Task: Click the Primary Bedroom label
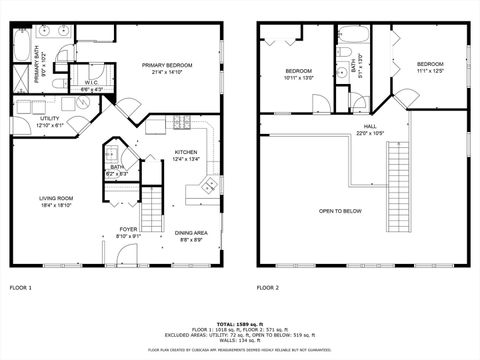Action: click(x=167, y=65)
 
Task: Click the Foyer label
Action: click(x=128, y=229)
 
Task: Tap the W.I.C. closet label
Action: click(x=90, y=83)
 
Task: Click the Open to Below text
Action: click(x=340, y=211)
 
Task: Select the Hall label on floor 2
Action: click(x=370, y=127)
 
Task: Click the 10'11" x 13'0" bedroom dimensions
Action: click(x=299, y=77)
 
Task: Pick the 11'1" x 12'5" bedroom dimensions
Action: click(x=430, y=70)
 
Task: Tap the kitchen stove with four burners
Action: click(x=182, y=124)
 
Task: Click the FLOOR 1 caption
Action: click(x=21, y=287)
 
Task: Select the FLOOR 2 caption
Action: click(x=268, y=287)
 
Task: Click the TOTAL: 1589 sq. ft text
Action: click(x=239, y=325)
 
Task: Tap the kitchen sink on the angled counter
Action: click(x=208, y=184)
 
